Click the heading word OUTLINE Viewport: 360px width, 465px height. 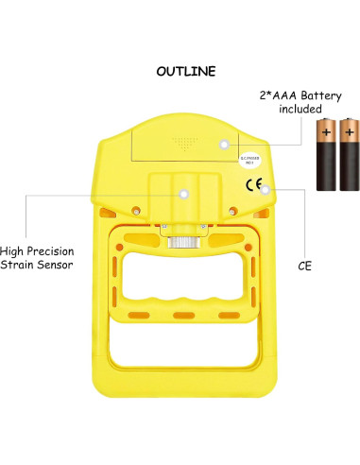click(x=186, y=71)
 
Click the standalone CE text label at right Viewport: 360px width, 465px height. click(x=304, y=267)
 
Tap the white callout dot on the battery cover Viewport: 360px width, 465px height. click(x=224, y=144)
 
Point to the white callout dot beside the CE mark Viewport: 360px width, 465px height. click(x=266, y=189)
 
